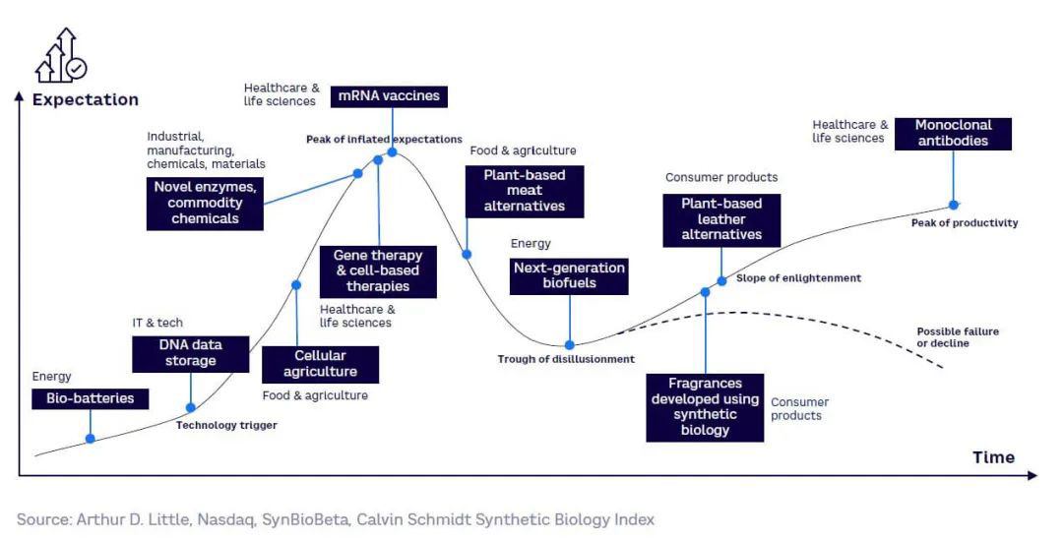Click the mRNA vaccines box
(x=390, y=96)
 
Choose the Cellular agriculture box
(x=320, y=364)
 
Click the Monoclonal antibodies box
(x=953, y=133)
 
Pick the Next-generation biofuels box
(x=569, y=276)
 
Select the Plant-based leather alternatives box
(x=721, y=219)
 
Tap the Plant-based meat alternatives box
(x=524, y=190)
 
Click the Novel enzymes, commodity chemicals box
(x=205, y=203)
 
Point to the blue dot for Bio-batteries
(x=91, y=438)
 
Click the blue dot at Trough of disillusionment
(x=569, y=344)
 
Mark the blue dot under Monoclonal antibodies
(x=953, y=205)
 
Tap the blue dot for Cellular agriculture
(x=295, y=285)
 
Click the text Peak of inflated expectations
(x=384, y=139)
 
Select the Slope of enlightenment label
(x=798, y=278)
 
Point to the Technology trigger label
(x=226, y=425)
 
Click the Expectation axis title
(x=85, y=99)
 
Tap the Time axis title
(x=993, y=457)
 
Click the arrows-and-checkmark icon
(x=61, y=56)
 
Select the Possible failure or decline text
(x=957, y=337)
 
